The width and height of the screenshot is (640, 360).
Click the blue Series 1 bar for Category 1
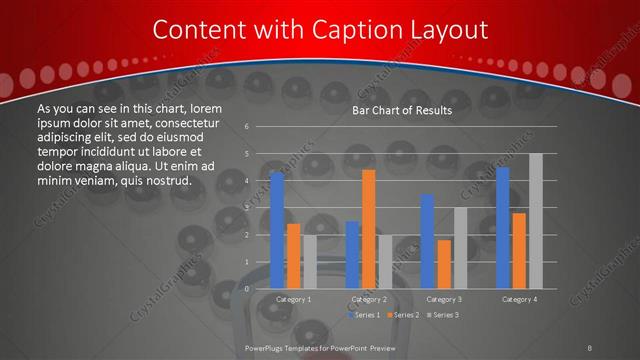[277, 231]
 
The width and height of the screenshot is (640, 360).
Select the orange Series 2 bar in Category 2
[368, 229]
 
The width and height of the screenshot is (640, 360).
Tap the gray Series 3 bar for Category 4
[535, 221]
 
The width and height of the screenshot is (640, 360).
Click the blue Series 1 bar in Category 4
[503, 228]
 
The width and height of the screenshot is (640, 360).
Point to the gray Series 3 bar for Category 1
[309, 262]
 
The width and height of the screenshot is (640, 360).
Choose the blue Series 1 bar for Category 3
[427, 241]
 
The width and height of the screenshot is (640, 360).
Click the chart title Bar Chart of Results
[402, 110]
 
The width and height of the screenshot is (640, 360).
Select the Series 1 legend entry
[364, 315]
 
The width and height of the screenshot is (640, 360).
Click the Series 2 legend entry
[403, 315]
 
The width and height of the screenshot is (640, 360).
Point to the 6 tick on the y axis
[247, 127]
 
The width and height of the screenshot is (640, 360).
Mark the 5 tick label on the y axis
[247, 154]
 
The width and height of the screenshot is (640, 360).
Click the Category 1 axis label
[293, 299]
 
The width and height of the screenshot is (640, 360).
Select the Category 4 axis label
[519, 299]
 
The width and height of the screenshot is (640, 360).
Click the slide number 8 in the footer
[591, 346]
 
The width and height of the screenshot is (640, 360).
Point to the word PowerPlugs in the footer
[264, 346]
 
